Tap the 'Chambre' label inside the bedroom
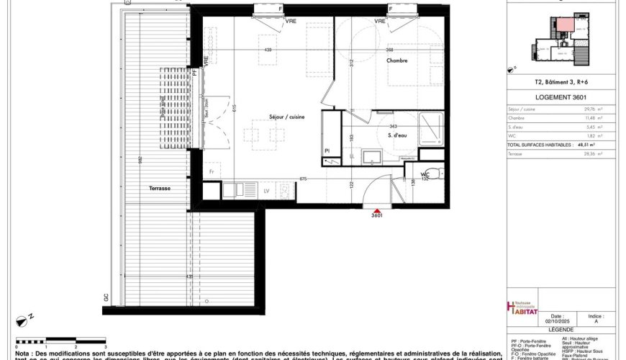[x=397, y=60]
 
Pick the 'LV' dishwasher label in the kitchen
[x=266, y=191]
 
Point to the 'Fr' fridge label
[x=212, y=173]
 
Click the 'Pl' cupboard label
[x=327, y=150]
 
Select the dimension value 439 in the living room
[x=268, y=50]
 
